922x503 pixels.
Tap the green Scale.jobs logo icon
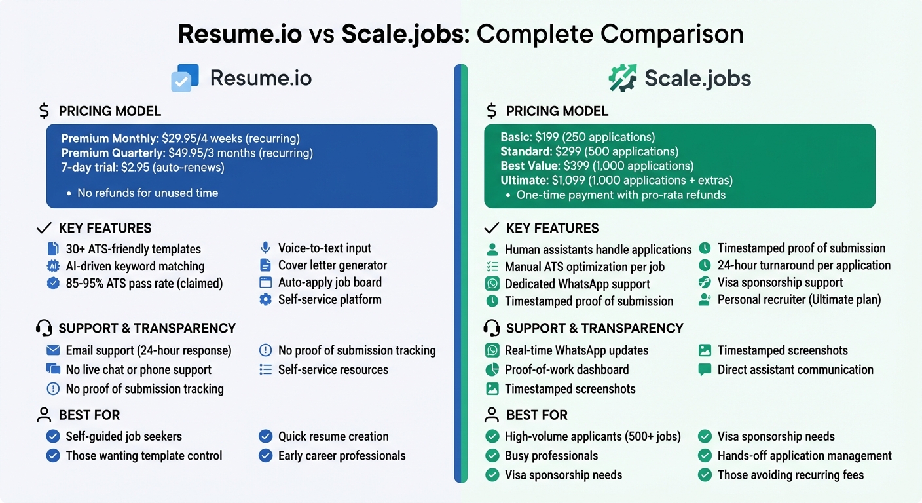tap(622, 78)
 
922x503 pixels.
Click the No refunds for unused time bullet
tap(147, 193)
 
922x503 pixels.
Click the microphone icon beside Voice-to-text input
tap(265, 248)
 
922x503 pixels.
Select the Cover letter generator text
tap(332, 265)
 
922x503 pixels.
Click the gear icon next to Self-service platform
tap(265, 299)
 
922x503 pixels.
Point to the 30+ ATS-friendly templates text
tap(133, 249)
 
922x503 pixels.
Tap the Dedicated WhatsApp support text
tap(577, 284)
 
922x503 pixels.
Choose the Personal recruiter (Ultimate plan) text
tap(799, 299)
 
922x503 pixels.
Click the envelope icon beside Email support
tap(53, 350)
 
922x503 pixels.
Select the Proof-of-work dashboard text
tap(566, 369)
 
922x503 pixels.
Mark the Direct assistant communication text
tap(795, 369)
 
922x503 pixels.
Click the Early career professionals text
tap(342, 456)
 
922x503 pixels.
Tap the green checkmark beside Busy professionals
tap(492, 456)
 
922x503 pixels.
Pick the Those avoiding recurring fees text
tap(790, 475)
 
